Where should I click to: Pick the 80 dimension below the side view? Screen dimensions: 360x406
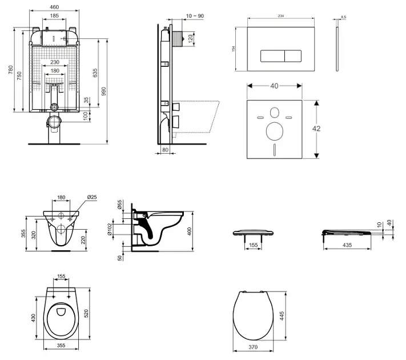166,150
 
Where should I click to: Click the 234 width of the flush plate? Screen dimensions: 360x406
281,17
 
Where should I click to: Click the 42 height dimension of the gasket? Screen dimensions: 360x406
317,129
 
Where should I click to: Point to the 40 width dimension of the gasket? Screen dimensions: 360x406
274,86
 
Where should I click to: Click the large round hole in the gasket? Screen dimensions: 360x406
274,131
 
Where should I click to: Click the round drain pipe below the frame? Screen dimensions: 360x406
55,121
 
